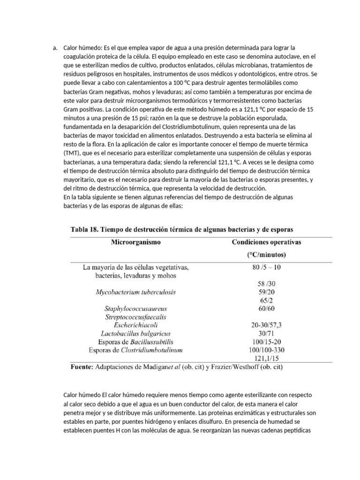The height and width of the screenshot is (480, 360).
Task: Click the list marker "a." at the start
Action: pyautogui.click(x=55, y=48)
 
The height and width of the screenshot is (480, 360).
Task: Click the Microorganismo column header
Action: pyautogui.click(x=135, y=242)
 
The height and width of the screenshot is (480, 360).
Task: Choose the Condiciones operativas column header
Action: pyautogui.click(x=267, y=242)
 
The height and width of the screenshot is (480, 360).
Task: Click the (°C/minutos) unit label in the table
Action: pyautogui.click(x=267, y=255)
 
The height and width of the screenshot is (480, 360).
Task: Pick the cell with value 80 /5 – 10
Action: pyautogui.click(x=267, y=268)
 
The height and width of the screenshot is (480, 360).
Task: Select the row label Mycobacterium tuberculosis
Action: pyautogui.click(x=135, y=292)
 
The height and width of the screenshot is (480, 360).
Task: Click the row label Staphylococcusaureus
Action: pyautogui.click(x=135, y=309)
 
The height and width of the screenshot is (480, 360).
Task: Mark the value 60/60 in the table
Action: pyautogui.click(x=267, y=308)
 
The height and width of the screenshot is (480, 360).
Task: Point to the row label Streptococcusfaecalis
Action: pyautogui.click(x=135, y=317)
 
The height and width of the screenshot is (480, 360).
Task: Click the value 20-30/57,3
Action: pyautogui.click(x=267, y=325)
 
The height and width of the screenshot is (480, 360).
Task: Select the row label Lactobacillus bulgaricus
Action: pyautogui.click(x=135, y=333)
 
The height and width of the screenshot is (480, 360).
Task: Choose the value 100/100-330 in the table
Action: pyautogui.click(x=267, y=350)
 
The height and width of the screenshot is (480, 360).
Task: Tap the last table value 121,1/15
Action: pyautogui.click(x=267, y=358)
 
